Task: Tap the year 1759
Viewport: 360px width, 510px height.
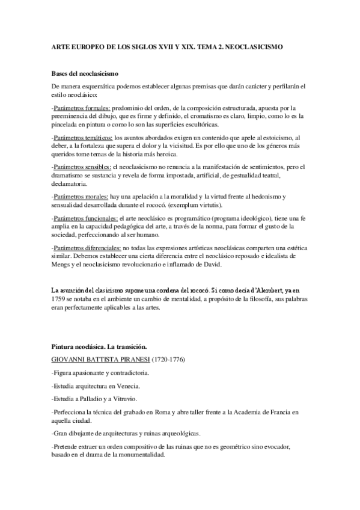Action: click(x=60, y=298)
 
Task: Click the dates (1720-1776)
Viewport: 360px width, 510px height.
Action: click(x=180, y=360)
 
